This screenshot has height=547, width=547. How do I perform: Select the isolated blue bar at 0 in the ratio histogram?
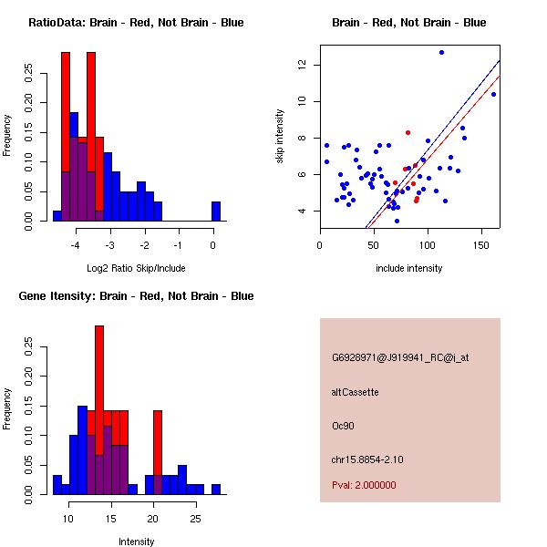(x=216, y=211)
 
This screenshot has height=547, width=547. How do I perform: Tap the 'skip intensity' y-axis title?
(x=280, y=137)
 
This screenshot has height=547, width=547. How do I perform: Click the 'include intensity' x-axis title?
(x=409, y=268)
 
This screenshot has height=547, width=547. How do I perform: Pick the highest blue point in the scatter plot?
(x=441, y=53)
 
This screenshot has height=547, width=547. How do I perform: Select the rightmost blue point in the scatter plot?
(x=493, y=94)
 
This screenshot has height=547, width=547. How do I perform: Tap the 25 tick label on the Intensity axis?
(x=194, y=518)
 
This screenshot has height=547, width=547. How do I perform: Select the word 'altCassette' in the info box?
(x=355, y=392)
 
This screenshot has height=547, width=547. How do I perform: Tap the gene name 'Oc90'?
(x=342, y=425)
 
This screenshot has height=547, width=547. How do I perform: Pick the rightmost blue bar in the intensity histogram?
(x=216, y=489)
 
